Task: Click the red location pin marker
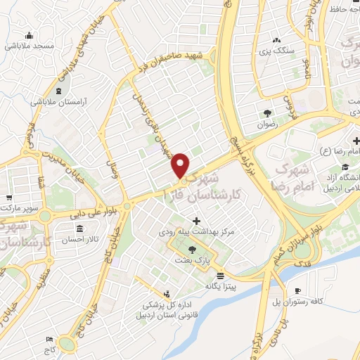pos(181,165)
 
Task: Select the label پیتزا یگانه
pos(219,287)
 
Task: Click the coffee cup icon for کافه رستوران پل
pos(297,290)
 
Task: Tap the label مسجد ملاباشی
pos(29,45)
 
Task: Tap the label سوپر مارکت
pos(18,209)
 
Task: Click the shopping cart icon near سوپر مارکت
pos(8,198)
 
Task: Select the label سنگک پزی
pos(275,51)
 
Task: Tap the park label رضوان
pos(267,122)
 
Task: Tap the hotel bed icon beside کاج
pos(49,340)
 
